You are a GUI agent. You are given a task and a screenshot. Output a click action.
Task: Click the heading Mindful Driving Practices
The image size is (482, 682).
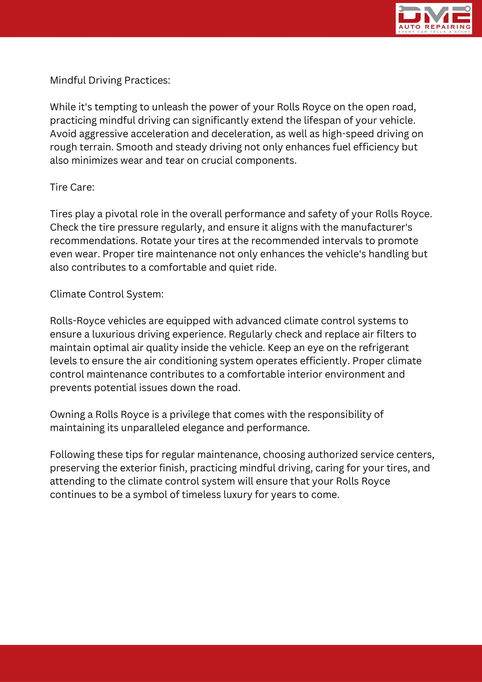click(110, 80)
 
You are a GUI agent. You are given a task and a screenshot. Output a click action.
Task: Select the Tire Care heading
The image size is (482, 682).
click(72, 187)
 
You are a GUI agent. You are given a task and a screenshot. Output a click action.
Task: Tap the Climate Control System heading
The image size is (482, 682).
click(107, 294)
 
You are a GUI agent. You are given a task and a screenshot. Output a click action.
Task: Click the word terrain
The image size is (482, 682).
click(95, 147)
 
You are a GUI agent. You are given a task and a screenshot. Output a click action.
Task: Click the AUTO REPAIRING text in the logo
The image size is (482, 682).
click(434, 27)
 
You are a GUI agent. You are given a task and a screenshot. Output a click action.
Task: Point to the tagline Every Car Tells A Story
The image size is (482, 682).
click(434, 32)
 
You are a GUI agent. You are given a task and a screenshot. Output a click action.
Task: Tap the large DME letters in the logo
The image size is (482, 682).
click(434, 14)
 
